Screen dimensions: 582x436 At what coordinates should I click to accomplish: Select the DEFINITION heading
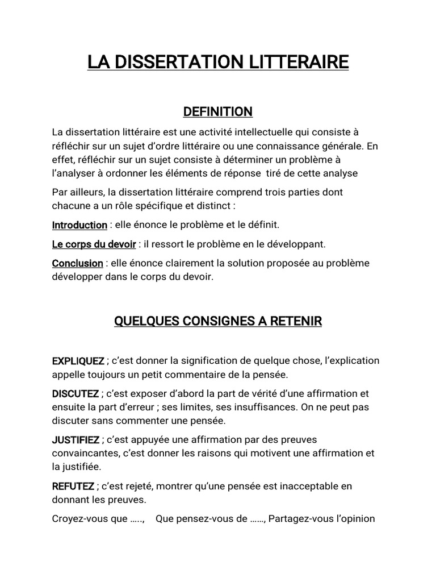(217, 111)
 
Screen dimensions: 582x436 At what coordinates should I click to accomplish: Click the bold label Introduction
(79, 225)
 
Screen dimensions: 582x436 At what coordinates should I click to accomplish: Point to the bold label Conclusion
(78, 264)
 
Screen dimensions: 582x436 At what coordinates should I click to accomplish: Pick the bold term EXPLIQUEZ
(78, 361)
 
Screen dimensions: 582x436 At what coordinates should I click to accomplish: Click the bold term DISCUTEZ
(76, 393)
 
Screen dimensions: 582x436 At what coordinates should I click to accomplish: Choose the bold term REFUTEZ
(73, 487)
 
